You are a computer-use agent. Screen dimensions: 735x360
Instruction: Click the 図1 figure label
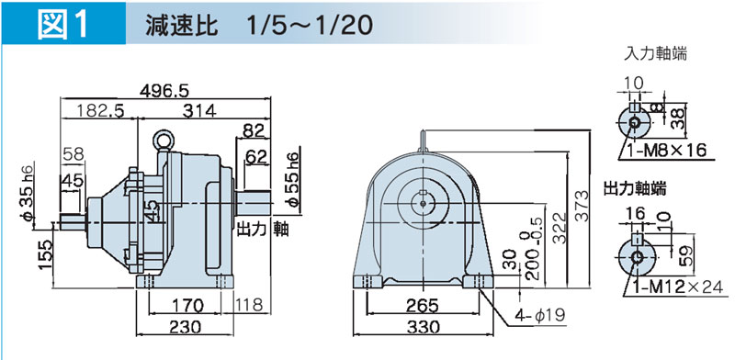[63, 25]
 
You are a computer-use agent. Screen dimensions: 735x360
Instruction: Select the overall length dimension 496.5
[164, 91]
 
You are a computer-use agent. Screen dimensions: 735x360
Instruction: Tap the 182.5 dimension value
[99, 110]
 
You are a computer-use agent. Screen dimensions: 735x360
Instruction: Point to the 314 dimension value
[199, 110]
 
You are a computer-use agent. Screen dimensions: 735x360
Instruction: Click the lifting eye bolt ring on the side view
[164, 139]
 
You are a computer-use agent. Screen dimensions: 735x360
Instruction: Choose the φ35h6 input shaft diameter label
[28, 193]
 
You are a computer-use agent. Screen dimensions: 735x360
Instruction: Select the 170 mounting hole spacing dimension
[187, 306]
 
